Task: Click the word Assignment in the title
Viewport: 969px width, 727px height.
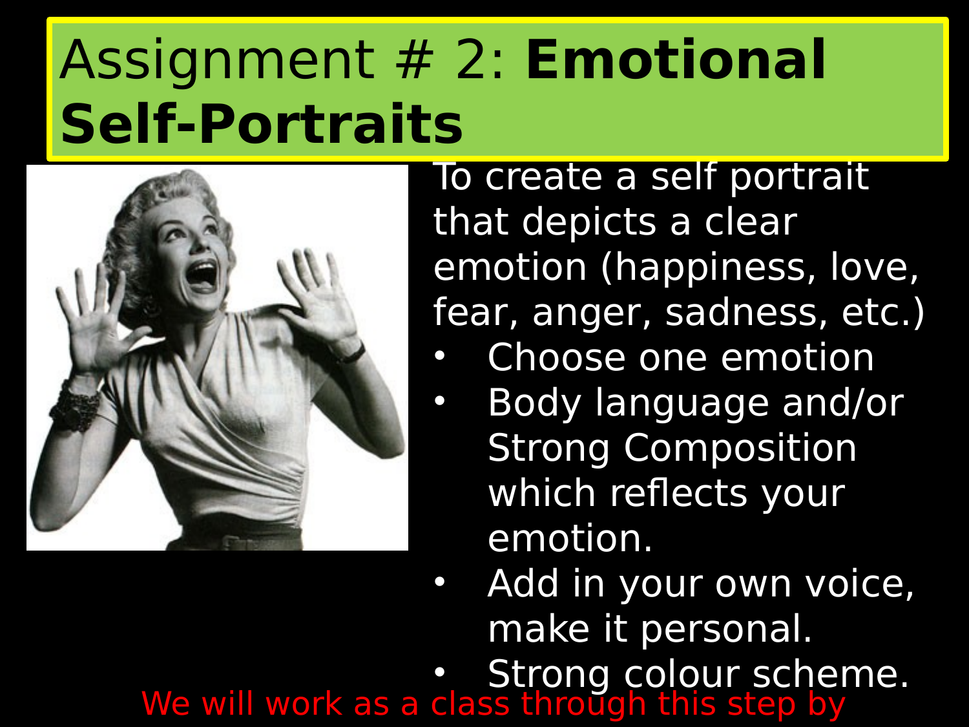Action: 216,60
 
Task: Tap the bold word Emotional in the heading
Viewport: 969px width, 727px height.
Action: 676,60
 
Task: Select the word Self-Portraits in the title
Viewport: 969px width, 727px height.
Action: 262,123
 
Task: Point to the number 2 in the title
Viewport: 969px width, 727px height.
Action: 470,60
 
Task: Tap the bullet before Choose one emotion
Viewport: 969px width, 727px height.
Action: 440,356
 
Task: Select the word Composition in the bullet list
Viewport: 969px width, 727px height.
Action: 740,448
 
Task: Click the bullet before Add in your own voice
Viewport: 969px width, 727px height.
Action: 440,582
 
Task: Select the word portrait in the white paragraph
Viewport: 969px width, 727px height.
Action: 798,176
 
